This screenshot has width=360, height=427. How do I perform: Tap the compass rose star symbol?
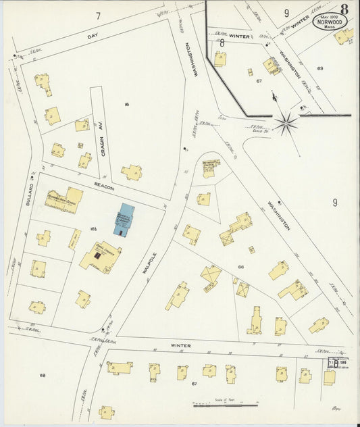pyautogui.click(x=287, y=123)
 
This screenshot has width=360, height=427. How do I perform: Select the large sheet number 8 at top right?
pyautogui.click(x=344, y=9)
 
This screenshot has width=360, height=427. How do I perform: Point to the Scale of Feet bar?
pyautogui.click(x=225, y=405)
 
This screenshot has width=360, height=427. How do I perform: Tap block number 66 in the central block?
pyautogui.click(x=240, y=268)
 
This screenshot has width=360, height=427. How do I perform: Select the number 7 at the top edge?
pyautogui.click(x=98, y=16)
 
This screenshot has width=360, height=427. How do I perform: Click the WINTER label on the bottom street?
pyautogui.click(x=180, y=345)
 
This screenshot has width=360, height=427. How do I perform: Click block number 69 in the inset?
pyautogui.click(x=320, y=68)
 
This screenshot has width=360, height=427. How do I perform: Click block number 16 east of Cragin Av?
pyautogui.click(x=126, y=104)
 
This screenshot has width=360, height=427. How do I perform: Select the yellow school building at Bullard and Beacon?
pyautogui.click(x=64, y=200)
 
